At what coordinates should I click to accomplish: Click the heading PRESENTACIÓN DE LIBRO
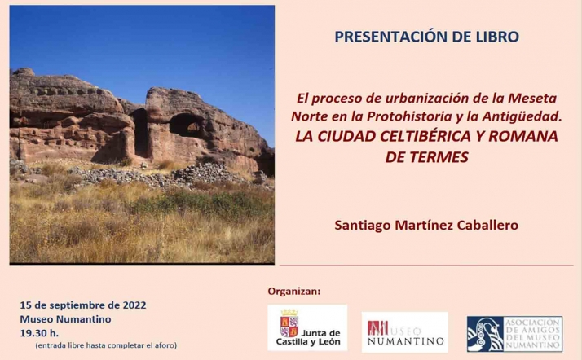[426, 37]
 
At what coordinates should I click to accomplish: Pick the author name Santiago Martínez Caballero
[426, 223]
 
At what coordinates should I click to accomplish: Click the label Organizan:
[294, 291]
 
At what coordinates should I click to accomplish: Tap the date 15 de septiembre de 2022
[82, 305]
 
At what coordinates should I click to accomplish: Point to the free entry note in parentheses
[105, 346]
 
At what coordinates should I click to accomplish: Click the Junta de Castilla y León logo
[307, 328]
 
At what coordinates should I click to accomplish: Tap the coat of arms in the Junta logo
[289, 327]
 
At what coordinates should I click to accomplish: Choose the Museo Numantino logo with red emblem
[405, 332]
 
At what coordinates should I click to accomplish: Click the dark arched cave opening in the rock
[187, 125]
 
